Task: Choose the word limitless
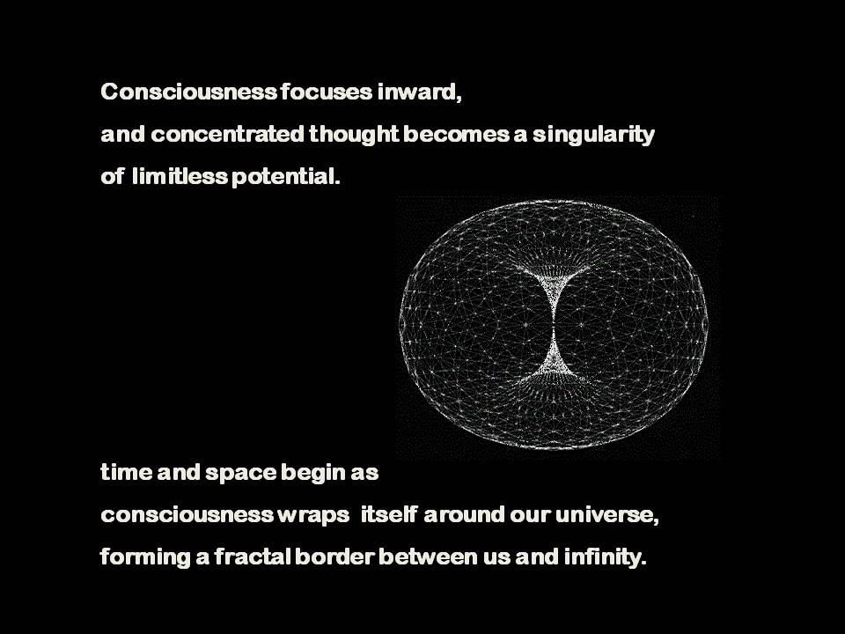click(180, 177)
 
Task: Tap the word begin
click(312, 473)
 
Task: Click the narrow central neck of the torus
click(555, 321)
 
